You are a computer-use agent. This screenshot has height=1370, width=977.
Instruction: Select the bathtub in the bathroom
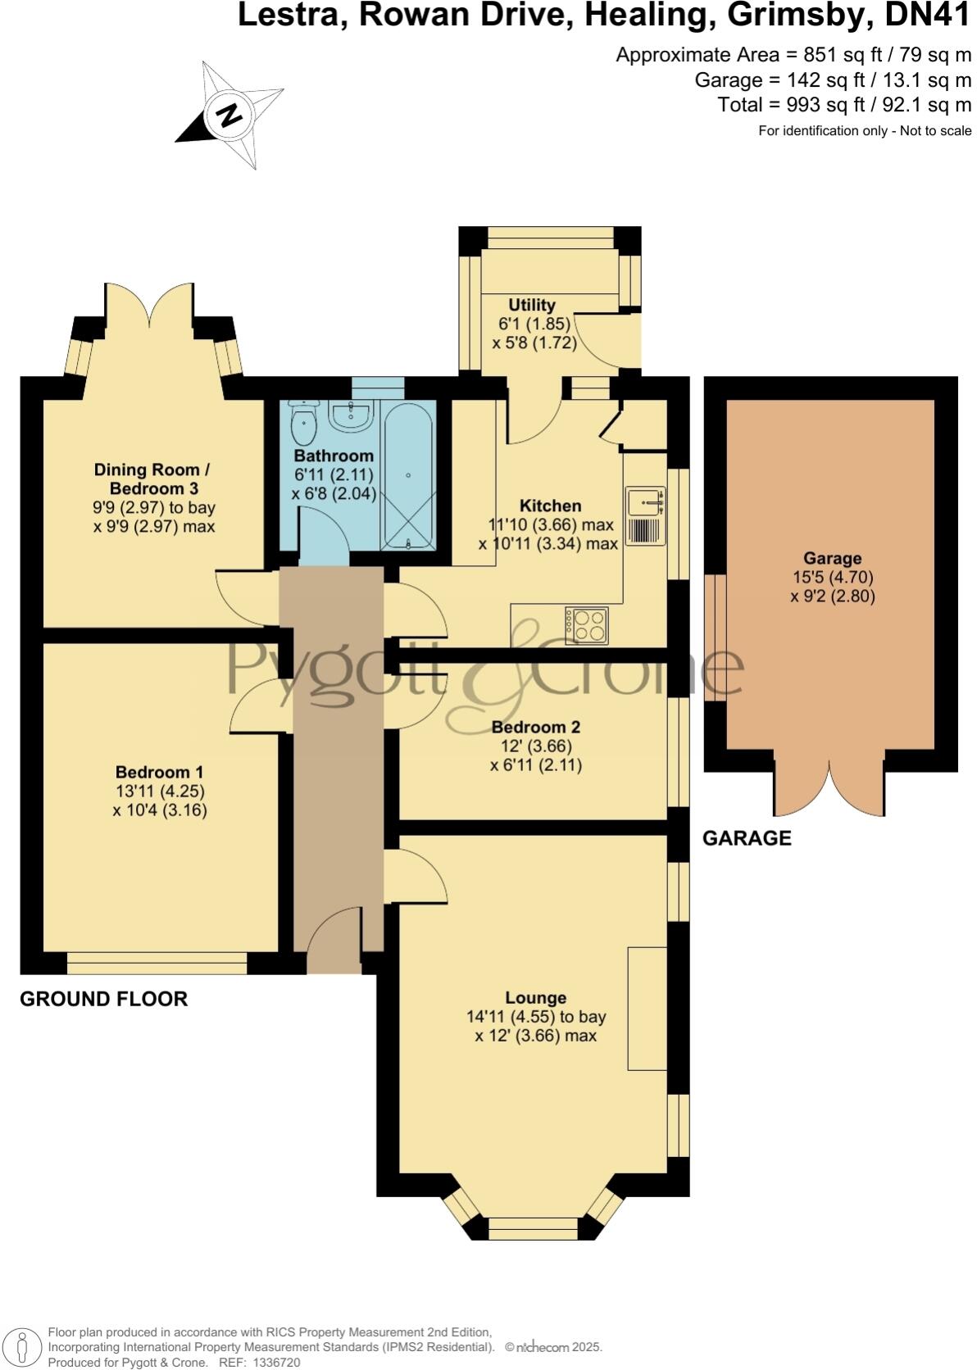click(x=407, y=475)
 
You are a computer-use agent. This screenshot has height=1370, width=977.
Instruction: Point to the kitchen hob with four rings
click(x=587, y=625)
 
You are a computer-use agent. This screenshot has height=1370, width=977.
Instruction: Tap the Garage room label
click(x=832, y=559)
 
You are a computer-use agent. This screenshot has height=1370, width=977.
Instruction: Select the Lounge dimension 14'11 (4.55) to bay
click(x=536, y=1017)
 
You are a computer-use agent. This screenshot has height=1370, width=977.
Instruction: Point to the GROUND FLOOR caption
click(x=104, y=999)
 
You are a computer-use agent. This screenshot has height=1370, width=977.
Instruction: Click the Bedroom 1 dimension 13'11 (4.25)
click(x=160, y=792)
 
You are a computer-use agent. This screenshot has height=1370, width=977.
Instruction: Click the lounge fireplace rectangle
click(x=647, y=1008)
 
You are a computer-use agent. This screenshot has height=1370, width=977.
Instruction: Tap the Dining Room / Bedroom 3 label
click(x=152, y=479)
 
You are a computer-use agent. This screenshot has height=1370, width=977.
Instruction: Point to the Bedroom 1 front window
click(x=157, y=963)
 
